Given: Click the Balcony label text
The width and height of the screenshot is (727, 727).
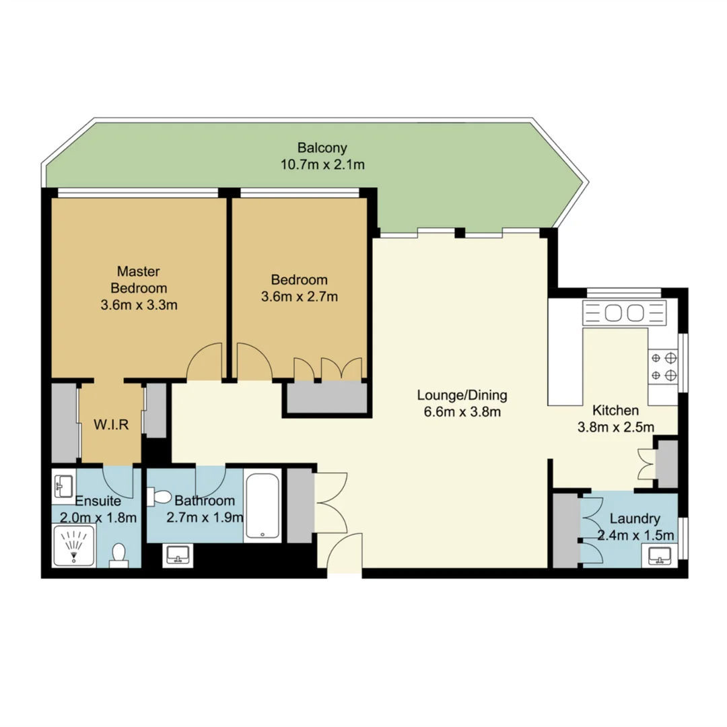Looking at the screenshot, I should tap(322, 148).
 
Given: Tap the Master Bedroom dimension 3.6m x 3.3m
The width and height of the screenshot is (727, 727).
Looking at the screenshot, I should tap(139, 304).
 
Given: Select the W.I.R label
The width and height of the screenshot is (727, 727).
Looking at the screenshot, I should tap(111, 425).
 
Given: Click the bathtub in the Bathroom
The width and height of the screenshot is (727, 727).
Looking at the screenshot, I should tap(263, 506).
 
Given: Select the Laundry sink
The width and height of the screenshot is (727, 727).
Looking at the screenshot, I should tap(660, 556).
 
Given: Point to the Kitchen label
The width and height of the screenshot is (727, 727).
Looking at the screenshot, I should tap(615, 410).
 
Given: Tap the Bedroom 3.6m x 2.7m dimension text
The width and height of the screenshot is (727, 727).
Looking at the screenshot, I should tap(300, 296).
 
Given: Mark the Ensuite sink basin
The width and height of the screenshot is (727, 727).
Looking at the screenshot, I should tap(65, 484).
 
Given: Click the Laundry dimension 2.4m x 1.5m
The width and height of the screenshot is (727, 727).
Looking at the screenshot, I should tap(635, 536).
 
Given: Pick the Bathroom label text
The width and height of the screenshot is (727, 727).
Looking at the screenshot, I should tap(205, 501).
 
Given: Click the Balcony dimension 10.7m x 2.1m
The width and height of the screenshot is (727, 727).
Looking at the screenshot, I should tap(322, 164).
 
